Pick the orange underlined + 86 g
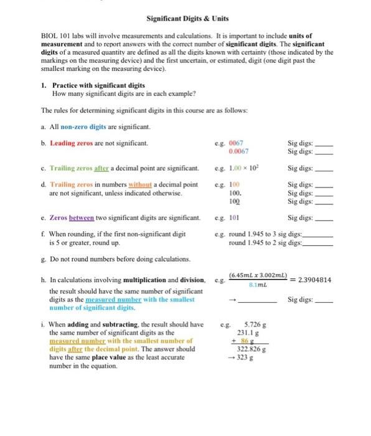coord(253,342)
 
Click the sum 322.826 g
coord(251,351)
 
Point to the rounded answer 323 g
coord(250,359)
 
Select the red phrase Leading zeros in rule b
coord(70,143)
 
